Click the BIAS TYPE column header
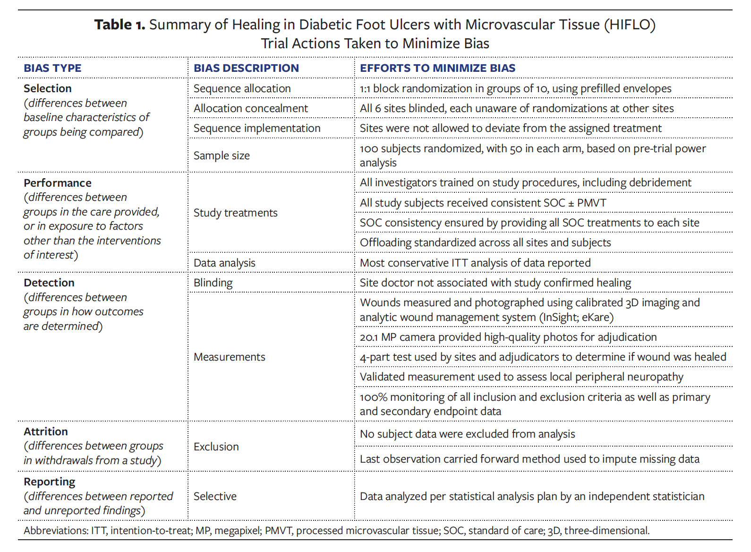pyautogui.click(x=52, y=68)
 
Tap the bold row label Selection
pyautogui.click(x=48, y=88)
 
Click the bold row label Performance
pyautogui.click(x=58, y=183)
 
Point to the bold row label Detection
pyautogui.click(x=49, y=283)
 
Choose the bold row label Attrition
pyautogui.click(x=46, y=431)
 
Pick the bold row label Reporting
pyautogui.click(x=50, y=482)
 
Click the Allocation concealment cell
pyautogui.click(x=250, y=108)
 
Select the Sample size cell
pyautogui.click(x=222, y=155)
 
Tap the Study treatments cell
pyautogui.click(x=235, y=213)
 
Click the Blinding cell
pyautogui.click(x=213, y=283)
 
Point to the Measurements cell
pyautogui.click(x=229, y=357)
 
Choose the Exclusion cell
pyautogui.click(x=216, y=447)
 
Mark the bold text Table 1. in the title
pyautogui.click(x=119, y=25)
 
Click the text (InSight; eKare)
pyautogui.click(x=576, y=317)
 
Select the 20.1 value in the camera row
pyautogui.click(x=369, y=337)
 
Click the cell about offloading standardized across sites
pyautogui.click(x=485, y=242)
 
